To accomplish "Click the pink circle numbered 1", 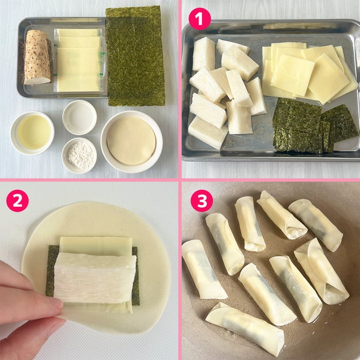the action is (199, 19).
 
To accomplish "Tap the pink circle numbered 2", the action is (18, 201).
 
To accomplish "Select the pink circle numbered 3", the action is (202, 201).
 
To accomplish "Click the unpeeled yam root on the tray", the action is (37, 57).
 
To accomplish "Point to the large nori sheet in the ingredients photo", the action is (135, 56).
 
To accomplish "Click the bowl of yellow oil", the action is (33, 133).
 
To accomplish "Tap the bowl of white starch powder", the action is (79, 155).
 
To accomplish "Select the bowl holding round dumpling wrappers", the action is (131, 142).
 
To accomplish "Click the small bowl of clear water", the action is (79, 117).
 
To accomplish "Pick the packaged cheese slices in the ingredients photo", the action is (78, 60).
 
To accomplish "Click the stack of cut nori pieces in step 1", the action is (314, 126).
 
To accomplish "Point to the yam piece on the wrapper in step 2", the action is (95, 278).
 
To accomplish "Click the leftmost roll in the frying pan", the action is (203, 269).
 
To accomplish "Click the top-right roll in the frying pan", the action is (315, 225).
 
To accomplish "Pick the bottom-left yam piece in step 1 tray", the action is (207, 132).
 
